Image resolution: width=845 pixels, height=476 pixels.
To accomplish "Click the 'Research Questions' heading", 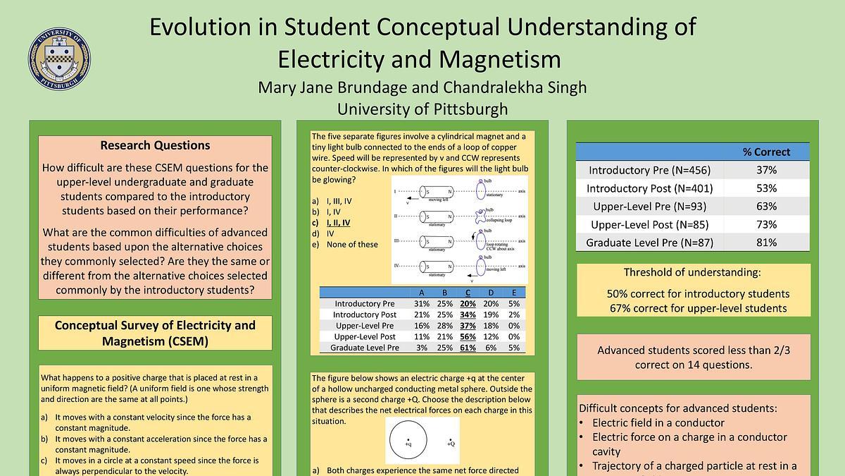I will (x=155, y=145).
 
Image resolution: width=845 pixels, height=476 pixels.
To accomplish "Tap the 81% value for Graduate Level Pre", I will (x=766, y=243).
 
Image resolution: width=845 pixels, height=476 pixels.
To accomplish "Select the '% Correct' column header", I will (x=766, y=152).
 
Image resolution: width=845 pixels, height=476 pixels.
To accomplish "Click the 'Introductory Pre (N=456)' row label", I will (x=649, y=170).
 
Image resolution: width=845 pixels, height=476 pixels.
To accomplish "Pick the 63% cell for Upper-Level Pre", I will (x=766, y=207).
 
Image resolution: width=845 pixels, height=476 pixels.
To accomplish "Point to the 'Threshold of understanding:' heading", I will (x=692, y=272).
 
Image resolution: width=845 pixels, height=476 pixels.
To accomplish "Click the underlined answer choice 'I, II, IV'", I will (x=339, y=222).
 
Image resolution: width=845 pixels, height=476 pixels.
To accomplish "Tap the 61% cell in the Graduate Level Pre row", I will (x=468, y=348).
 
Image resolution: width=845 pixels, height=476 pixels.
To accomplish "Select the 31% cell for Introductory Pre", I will (x=422, y=304).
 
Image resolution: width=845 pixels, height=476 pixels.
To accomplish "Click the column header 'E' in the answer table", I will (x=514, y=293).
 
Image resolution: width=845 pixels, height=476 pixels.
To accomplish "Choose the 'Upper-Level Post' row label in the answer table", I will (x=364, y=337).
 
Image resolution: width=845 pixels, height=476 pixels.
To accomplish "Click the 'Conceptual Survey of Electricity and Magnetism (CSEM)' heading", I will (x=155, y=333).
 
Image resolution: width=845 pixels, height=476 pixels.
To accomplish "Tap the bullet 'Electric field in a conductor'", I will (x=658, y=422).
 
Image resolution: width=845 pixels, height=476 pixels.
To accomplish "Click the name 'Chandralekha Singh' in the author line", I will (x=514, y=87).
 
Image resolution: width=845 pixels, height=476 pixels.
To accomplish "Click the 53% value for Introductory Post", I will (x=766, y=188).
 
